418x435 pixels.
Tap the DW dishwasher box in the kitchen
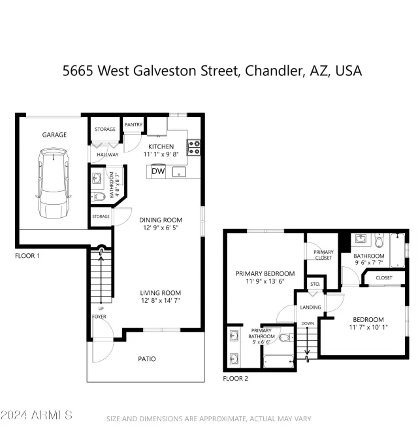pyautogui.click(x=158, y=171)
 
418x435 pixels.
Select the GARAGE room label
pyautogui.click(x=55, y=135)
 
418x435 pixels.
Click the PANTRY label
pyautogui.click(x=133, y=124)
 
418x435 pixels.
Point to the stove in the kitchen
pyautogui.click(x=194, y=147)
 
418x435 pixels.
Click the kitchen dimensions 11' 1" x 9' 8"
pyautogui.click(x=161, y=154)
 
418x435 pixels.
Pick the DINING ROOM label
pyautogui.click(x=161, y=220)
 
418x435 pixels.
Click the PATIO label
pyautogui.click(x=146, y=358)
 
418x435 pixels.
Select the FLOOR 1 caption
pyautogui.click(x=27, y=256)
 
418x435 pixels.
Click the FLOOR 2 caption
pyautogui.click(x=236, y=378)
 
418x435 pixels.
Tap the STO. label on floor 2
pyautogui.click(x=315, y=285)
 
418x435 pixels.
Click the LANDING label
pyautogui.click(x=310, y=307)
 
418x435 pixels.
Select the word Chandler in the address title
pyautogui.click(x=272, y=71)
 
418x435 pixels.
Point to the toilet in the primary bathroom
pyautogui.click(x=284, y=338)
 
